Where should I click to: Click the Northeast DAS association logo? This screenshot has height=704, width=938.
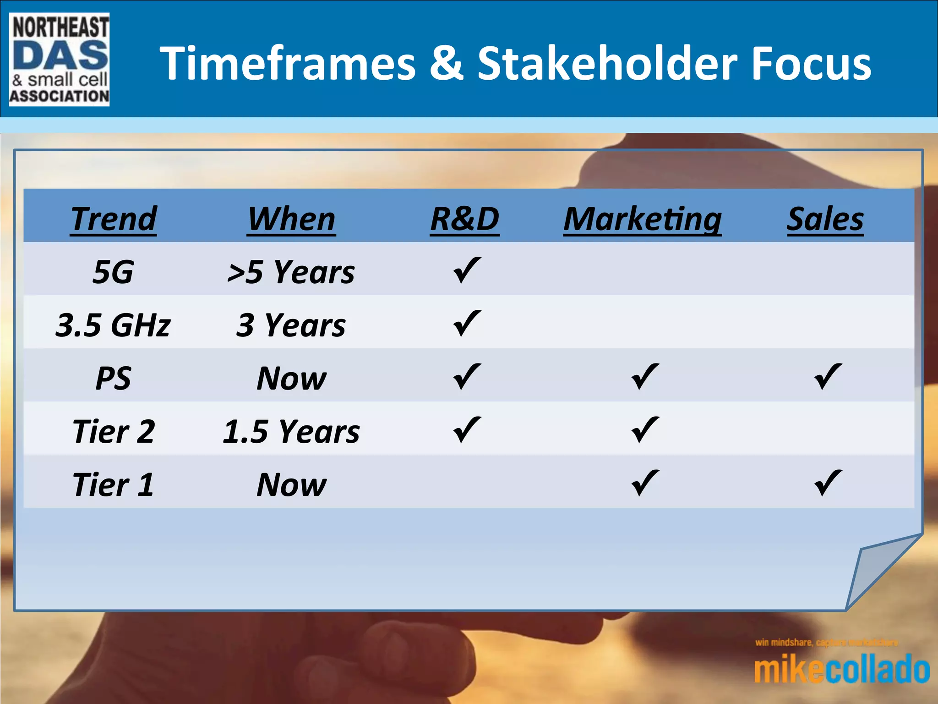pos(59,60)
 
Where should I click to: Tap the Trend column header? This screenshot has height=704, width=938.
pos(114,219)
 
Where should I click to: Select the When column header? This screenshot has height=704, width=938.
pos(291,219)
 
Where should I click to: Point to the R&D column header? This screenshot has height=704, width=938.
pos(465,219)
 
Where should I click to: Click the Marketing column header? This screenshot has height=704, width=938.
pos(643,219)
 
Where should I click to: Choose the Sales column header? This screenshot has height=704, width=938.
pos(825,219)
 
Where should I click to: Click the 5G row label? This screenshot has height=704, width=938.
pos(113,272)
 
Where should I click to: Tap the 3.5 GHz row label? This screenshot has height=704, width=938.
pos(113,325)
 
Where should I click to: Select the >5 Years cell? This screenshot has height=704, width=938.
pos(291,272)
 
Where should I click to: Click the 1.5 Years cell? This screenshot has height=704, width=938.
pos(291,431)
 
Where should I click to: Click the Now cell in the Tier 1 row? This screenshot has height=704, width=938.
pos(291,484)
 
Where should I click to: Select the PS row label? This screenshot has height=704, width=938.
pos(113,378)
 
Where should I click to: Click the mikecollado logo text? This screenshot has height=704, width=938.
pos(842,670)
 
